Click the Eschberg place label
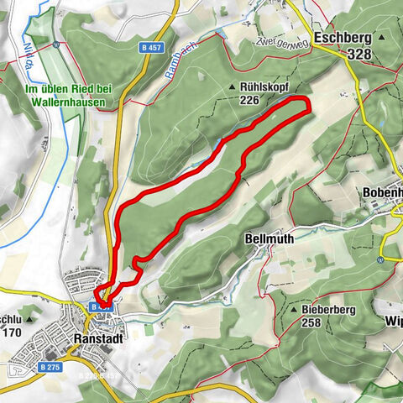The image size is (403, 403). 343,38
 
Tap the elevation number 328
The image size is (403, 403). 358,52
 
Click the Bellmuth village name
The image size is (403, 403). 270,238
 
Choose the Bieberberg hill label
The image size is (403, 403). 329,310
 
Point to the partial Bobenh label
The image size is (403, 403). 382,192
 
